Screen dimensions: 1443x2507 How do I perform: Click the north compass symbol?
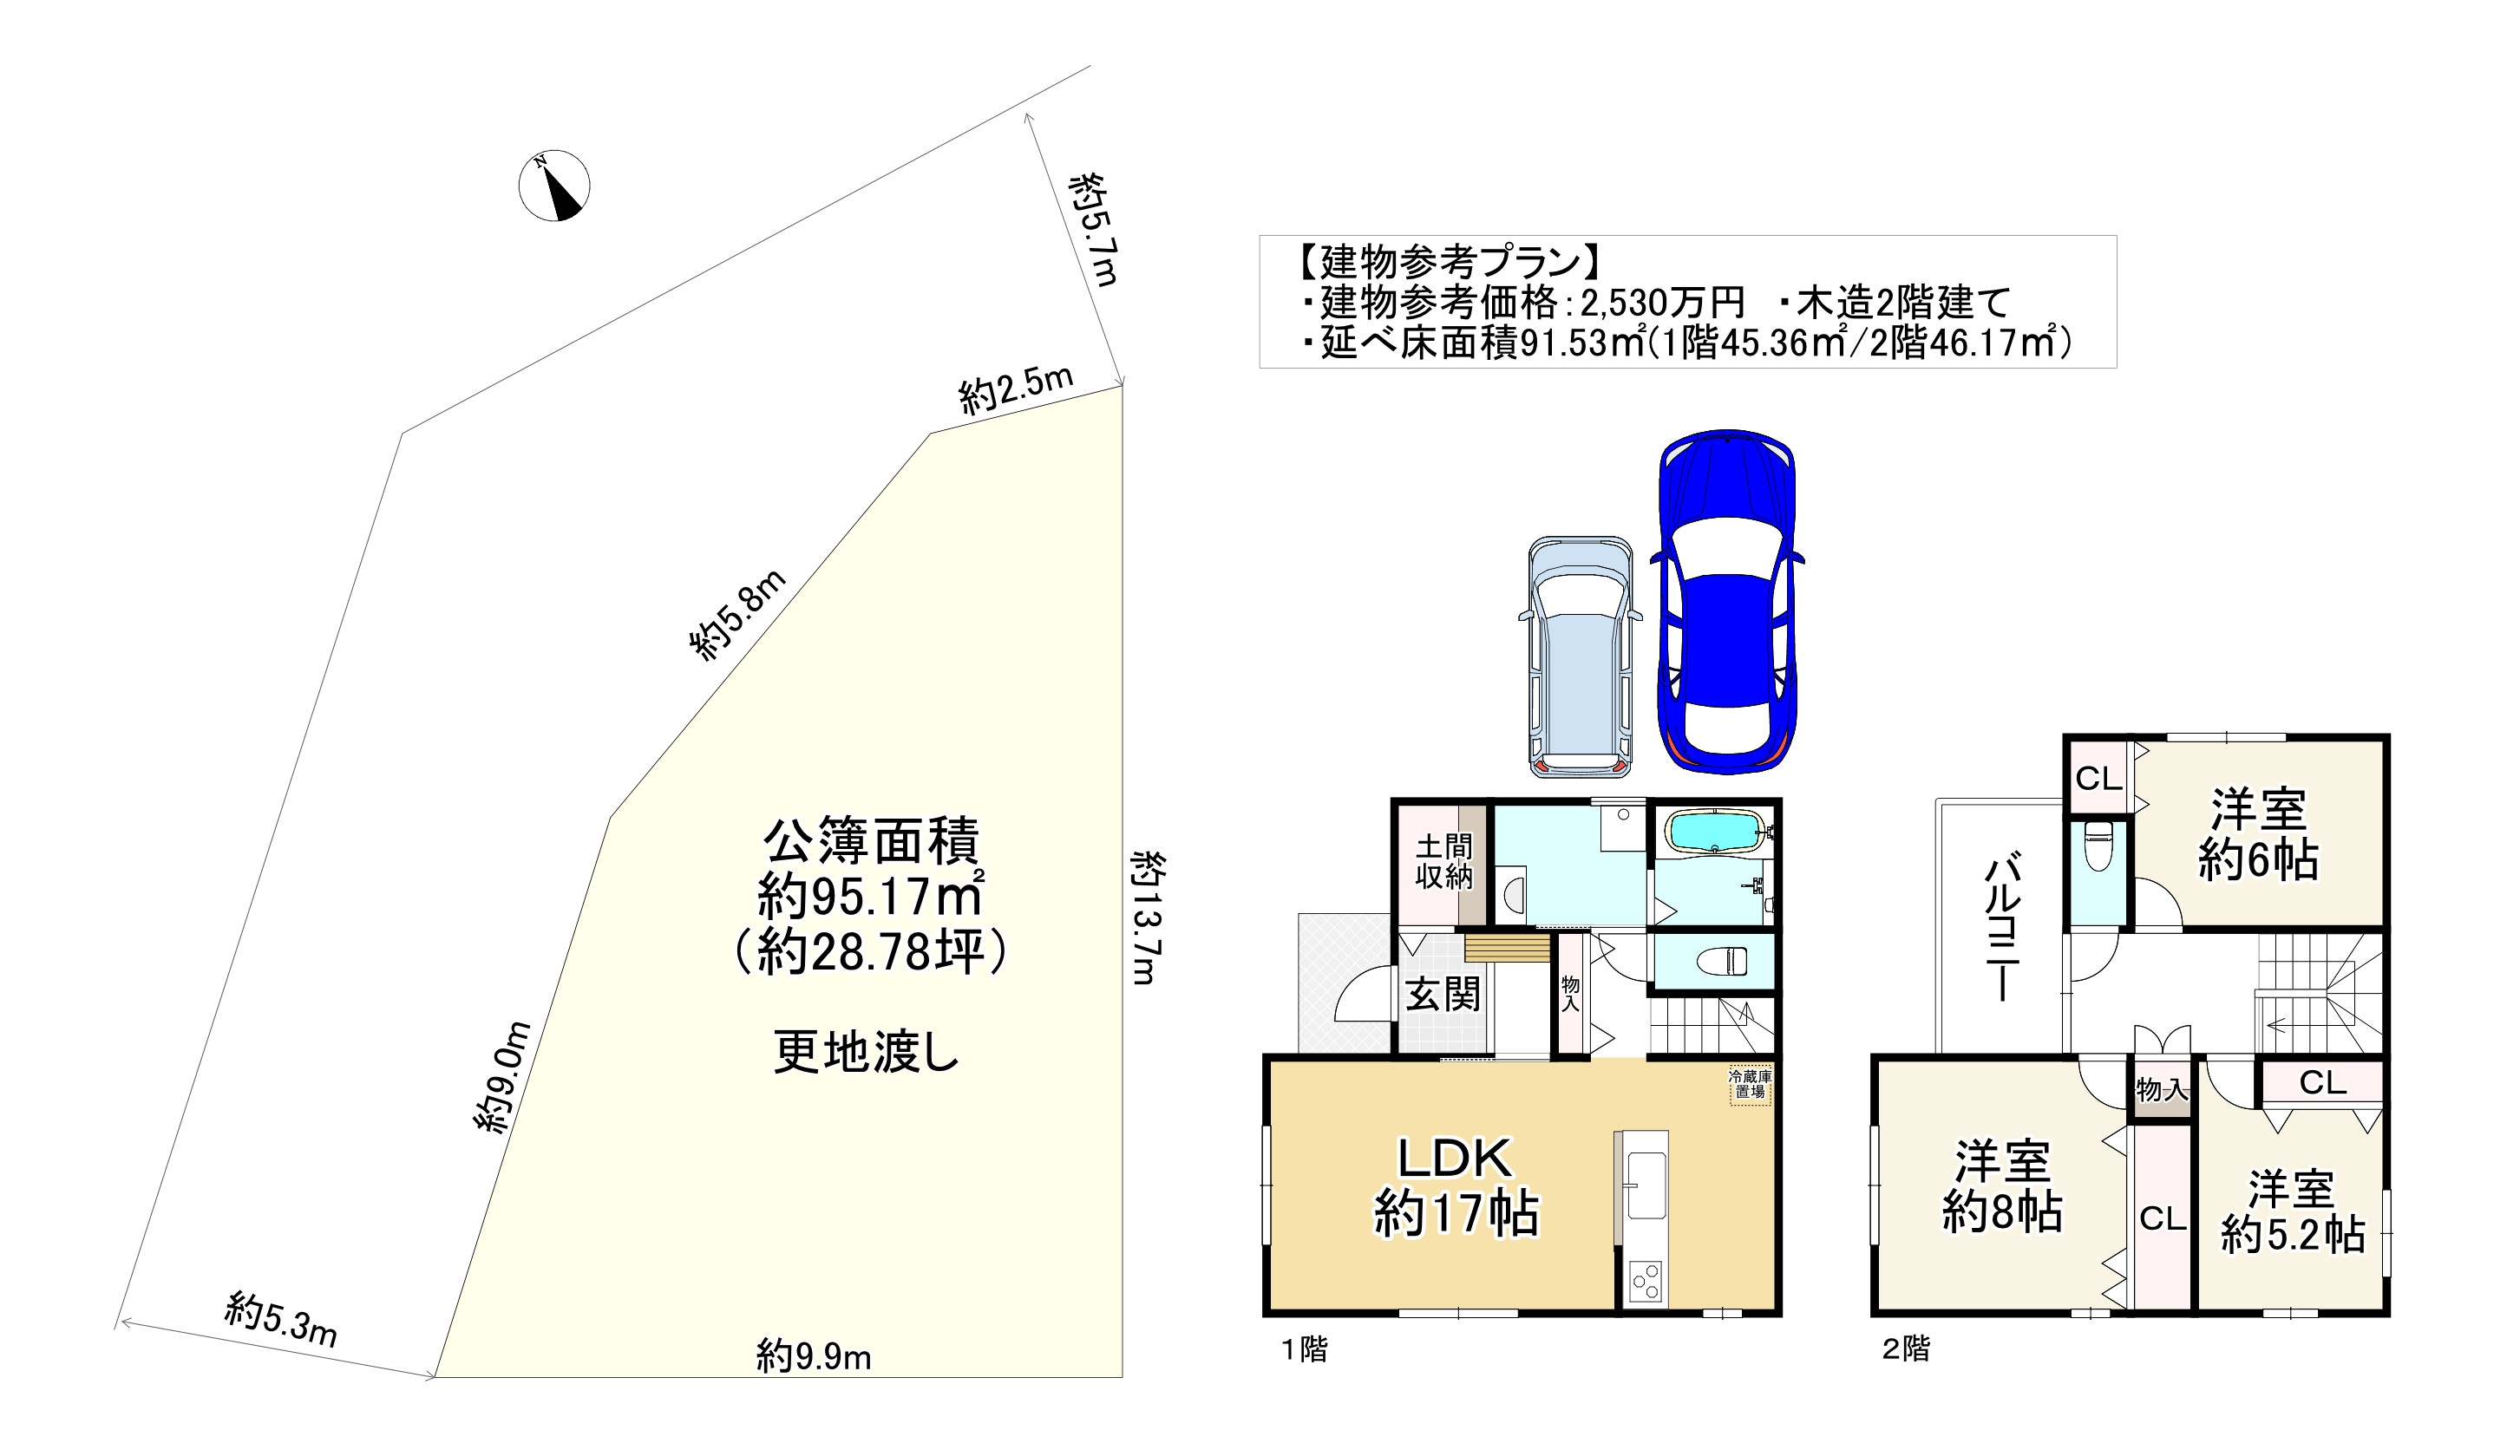(554, 186)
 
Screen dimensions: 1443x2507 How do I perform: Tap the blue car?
(1728, 602)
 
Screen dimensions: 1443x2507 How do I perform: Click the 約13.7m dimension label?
(1146, 917)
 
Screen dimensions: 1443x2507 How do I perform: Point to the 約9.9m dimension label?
(814, 1355)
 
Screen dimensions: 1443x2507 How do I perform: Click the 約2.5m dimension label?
(1016, 389)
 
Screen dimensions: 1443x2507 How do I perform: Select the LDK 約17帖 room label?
(1456, 1186)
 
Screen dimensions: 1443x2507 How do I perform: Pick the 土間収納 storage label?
(1443, 861)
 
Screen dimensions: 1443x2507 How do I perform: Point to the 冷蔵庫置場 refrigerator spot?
(1750, 1084)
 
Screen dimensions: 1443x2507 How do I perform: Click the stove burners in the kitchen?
(1646, 1281)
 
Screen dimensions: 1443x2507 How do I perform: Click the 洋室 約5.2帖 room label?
(2292, 1211)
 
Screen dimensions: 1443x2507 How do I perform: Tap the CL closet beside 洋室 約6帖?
(2098, 779)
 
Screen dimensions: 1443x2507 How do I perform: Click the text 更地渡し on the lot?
(866, 1053)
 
